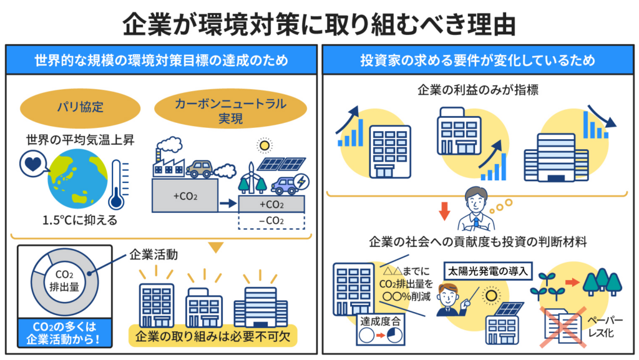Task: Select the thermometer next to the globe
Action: point(117,183)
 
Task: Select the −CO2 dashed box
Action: point(271,221)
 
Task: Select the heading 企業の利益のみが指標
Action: point(478,91)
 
